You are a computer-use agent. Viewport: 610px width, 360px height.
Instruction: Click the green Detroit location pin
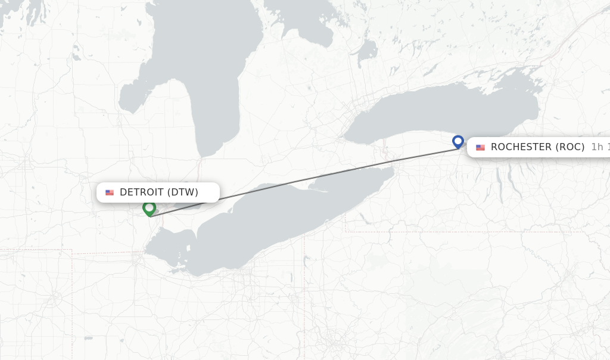[149, 208]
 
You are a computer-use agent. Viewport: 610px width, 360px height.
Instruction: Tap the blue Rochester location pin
[457, 141]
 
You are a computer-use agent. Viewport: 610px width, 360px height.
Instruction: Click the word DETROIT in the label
[142, 192]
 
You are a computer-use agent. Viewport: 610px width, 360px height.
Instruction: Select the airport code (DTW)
[182, 192]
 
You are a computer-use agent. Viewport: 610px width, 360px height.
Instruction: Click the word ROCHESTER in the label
[521, 147]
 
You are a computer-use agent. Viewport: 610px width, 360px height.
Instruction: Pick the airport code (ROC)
[570, 147]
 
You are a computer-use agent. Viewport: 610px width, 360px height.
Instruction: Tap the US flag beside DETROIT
[110, 193]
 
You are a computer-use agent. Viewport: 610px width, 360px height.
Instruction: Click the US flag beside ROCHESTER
[480, 147]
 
